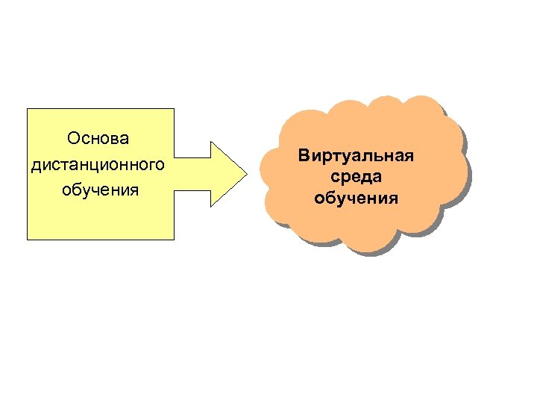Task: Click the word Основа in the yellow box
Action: (x=98, y=139)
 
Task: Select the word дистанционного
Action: (x=98, y=164)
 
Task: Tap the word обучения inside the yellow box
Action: (x=100, y=190)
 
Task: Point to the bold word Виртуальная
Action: (x=356, y=156)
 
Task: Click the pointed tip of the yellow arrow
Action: (x=246, y=173)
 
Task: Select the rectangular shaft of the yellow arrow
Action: (x=192, y=173)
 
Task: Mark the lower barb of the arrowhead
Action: (x=213, y=204)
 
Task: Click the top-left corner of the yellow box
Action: (x=28, y=109)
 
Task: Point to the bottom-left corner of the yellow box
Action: (x=28, y=239)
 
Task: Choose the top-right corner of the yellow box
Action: (x=174, y=109)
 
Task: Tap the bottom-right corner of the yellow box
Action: (x=174, y=239)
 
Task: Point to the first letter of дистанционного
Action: (x=36, y=165)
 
